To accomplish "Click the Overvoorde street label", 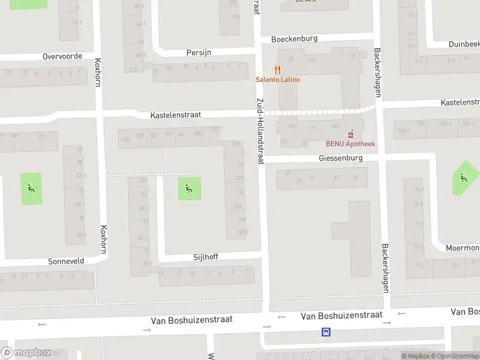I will [x=62, y=56].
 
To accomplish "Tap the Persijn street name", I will [x=199, y=52].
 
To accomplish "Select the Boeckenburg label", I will [x=294, y=39].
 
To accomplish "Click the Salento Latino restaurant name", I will [x=278, y=80].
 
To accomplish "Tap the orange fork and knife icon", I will [x=277, y=70].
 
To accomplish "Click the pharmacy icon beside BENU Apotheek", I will [x=351, y=134].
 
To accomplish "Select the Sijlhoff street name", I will [x=206, y=257].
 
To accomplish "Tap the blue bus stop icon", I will [x=326, y=332].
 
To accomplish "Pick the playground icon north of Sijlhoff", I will [x=190, y=189].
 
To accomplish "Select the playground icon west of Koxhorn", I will [x=31, y=188].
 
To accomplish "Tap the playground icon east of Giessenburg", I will [x=463, y=178].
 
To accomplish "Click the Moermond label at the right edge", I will [x=463, y=248].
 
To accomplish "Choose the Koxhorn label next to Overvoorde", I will [x=99, y=71].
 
